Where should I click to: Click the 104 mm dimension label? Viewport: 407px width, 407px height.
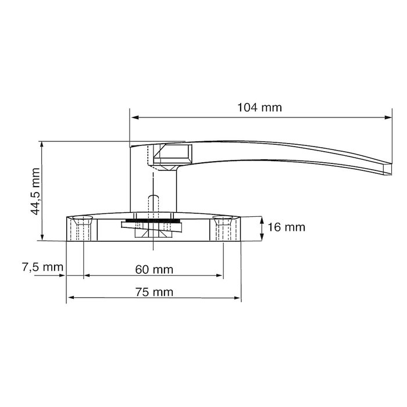click(259, 107)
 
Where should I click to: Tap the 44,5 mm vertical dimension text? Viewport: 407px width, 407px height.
click(35, 191)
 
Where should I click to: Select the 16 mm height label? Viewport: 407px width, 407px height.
click(287, 227)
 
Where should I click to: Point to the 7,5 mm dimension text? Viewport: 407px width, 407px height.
click(42, 268)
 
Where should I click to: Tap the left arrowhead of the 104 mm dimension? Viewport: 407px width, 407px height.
click(134, 117)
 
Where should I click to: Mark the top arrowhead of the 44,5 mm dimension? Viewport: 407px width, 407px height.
click(42, 144)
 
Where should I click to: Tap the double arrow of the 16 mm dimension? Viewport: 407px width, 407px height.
click(263, 228)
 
